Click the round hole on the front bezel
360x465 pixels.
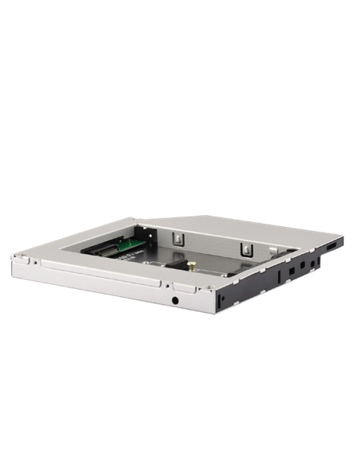tap(174, 302)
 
